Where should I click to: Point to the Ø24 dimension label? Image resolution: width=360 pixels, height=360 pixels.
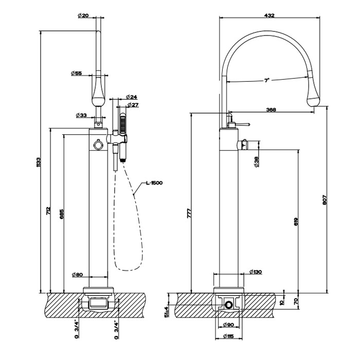tap(131, 97)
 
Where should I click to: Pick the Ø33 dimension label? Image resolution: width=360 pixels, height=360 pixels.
tap(80, 115)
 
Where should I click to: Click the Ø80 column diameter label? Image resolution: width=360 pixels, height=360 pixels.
tap(77, 275)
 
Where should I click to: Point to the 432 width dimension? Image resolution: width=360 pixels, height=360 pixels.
tap(268, 16)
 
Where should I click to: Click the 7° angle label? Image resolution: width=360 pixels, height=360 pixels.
tap(267, 80)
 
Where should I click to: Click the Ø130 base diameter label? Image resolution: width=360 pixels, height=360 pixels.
tap(255, 272)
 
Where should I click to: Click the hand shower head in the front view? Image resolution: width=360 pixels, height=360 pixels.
tap(123, 123)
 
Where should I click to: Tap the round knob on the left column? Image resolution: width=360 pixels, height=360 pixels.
tap(98, 147)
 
